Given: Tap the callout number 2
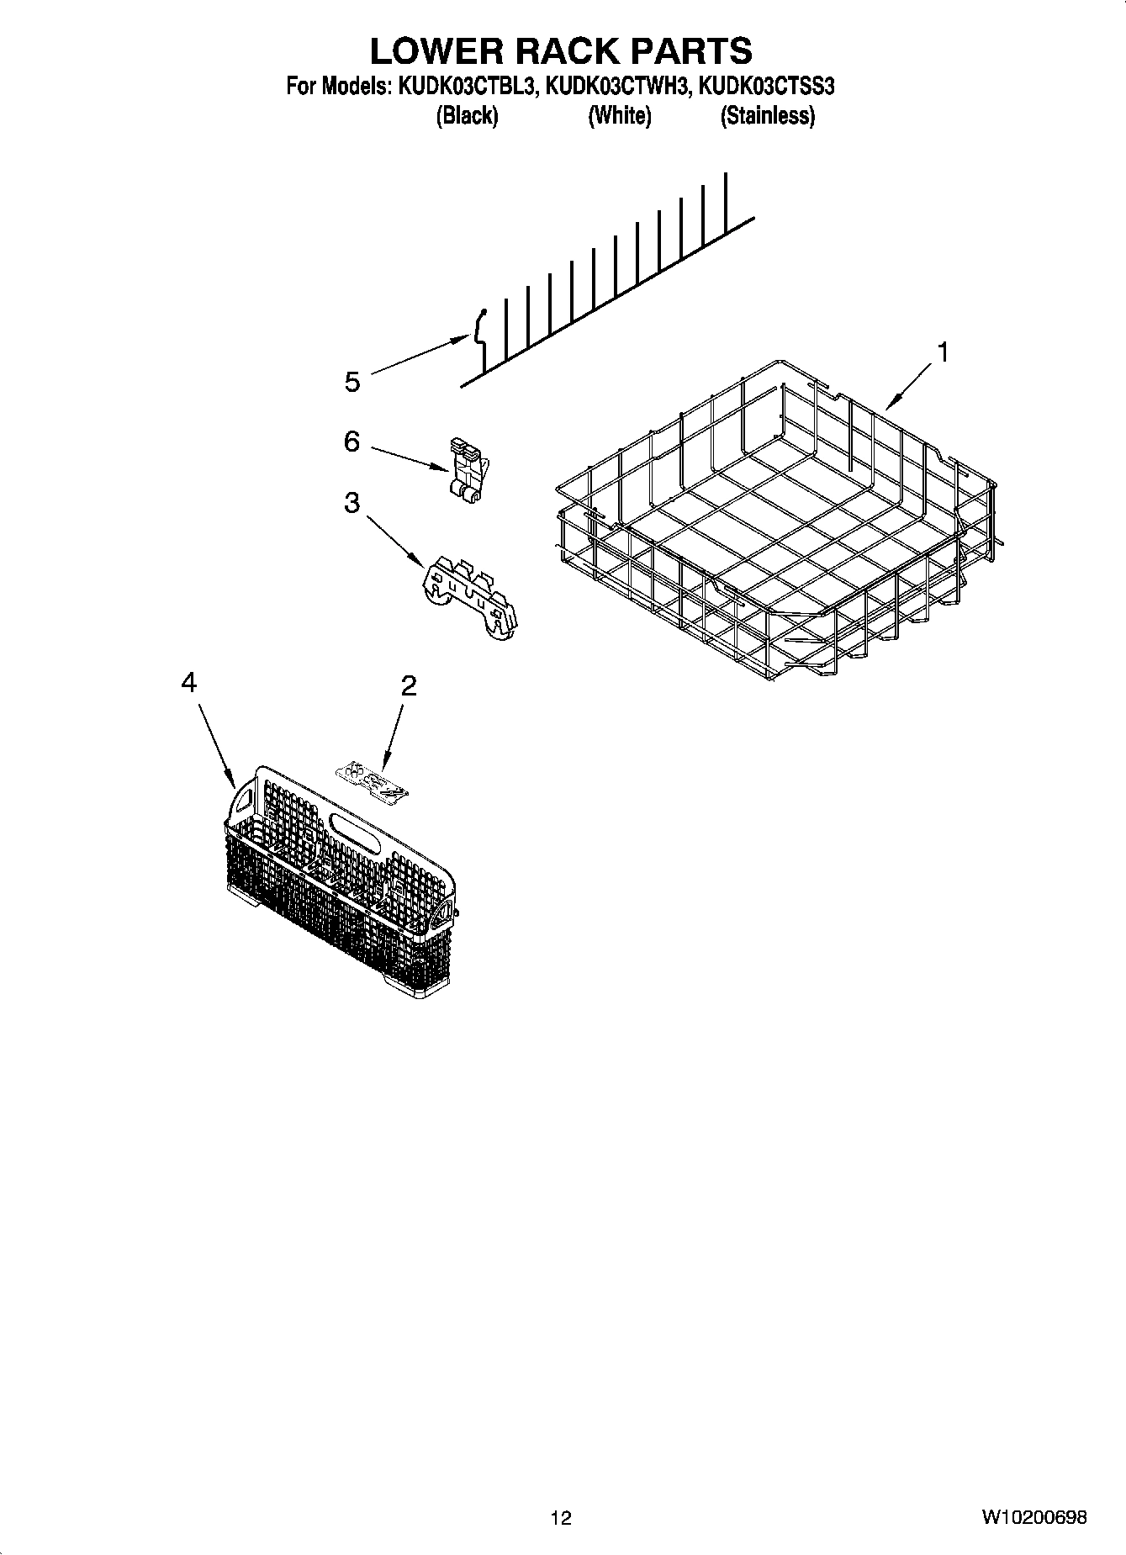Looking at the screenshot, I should (408, 686).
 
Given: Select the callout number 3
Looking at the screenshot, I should (352, 503).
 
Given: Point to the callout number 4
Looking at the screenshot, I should (189, 683).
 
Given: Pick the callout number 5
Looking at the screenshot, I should (352, 382).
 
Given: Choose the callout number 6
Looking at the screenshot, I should (352, 441).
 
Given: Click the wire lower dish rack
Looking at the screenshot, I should (774, 521).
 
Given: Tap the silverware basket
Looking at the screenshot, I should (341, 875).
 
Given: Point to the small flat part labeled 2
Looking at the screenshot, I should (372, 779).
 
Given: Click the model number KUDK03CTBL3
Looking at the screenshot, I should (465, 86).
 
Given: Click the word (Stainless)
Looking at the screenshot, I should (767, 116).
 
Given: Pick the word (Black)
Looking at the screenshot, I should (467, 116).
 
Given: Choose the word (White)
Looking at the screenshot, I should (619, 116).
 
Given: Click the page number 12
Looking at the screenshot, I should (561, 1517).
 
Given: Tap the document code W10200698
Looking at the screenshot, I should (1033, 1517).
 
